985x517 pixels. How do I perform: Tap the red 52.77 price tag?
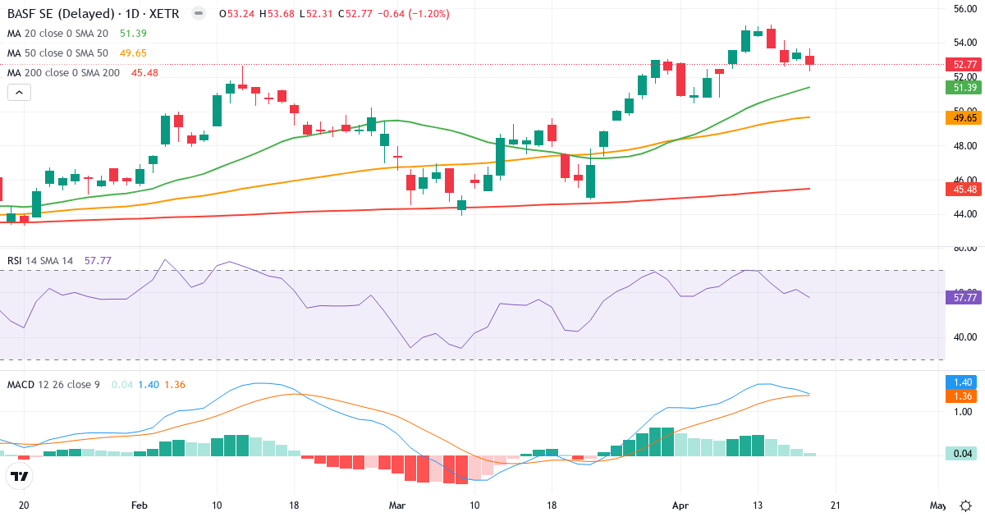(x=960, y=64)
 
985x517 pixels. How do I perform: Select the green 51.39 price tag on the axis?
(x=960, y=87)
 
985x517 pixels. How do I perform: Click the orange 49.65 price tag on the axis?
(x=960, y=117)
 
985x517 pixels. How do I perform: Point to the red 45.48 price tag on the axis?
(x=960, y=189)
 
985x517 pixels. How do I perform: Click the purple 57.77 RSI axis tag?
(x=960, y=298)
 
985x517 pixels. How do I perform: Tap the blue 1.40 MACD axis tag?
(x=960, y=382)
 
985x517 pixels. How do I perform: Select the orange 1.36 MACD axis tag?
(x=960, y=396)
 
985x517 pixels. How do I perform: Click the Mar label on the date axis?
(x=397, y=505)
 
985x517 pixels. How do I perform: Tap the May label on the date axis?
(x=937, y=505)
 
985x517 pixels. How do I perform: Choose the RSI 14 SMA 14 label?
(x=40, y=261)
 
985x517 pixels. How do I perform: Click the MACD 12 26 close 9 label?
(x=53, y=384)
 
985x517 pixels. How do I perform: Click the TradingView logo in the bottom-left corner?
(x=19, y=475)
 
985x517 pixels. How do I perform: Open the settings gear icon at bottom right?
(x=966, y=505)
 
